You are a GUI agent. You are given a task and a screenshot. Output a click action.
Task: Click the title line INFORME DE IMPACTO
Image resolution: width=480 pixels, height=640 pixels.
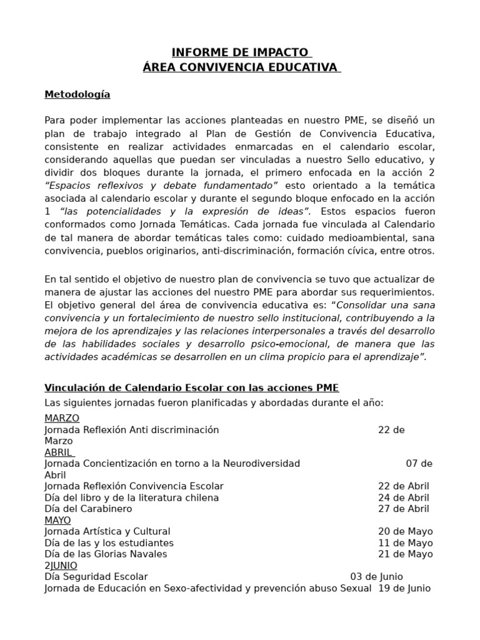point(241,52)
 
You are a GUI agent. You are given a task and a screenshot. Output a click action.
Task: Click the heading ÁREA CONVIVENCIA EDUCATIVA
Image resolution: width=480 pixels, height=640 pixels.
point(241,67)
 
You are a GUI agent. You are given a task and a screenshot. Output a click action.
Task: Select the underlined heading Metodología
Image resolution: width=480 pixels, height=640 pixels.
point(77,94)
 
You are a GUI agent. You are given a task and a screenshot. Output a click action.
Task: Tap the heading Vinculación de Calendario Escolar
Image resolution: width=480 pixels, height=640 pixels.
point(192,387)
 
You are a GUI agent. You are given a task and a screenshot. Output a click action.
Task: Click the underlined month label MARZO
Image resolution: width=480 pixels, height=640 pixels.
point(62,418)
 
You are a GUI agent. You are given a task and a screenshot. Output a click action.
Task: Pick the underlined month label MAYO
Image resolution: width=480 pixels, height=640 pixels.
point(57,520)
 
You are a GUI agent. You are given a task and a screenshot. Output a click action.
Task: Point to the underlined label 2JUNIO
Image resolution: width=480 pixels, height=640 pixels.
point(61,565)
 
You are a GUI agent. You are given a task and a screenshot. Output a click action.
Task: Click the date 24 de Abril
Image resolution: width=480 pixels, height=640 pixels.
point(404,497)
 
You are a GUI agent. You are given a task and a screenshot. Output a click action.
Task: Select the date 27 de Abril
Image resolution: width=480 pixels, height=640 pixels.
point(404,509)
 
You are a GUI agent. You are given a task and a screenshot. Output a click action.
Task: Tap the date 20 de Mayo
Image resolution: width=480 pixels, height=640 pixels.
point(405,531)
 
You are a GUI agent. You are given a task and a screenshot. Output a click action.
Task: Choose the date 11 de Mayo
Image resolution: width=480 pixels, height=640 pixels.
point(405,542)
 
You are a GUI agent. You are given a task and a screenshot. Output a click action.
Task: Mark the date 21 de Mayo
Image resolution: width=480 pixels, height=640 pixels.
point(405,554)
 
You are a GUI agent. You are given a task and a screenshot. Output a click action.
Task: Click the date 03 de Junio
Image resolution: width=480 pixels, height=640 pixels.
point(376,576)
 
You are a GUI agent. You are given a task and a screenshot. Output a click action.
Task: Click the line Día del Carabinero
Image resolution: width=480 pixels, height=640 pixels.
point(88,509)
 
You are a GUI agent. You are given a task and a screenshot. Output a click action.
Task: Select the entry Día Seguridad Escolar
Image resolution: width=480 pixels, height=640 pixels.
point(96,576)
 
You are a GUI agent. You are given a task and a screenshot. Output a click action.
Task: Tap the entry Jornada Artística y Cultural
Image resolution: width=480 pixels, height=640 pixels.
point(107,531)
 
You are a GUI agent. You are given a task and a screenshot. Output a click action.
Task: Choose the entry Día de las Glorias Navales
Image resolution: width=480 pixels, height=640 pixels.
point(106,554)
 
